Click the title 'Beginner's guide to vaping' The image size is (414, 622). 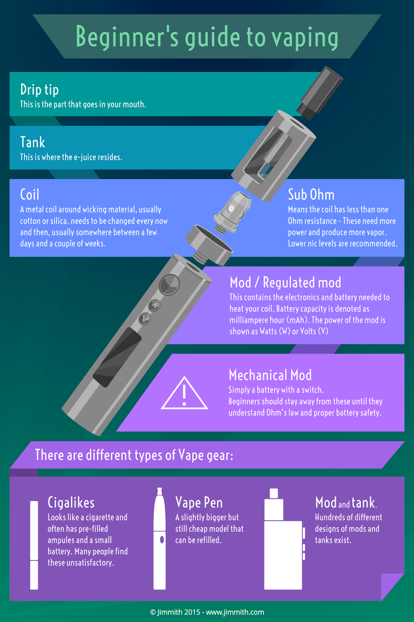point(207,37)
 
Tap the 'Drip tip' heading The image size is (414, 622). point(39,89)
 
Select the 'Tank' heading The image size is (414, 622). point(33,142)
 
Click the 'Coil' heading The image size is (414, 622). point(30,194)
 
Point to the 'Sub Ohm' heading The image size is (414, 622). point(311,194)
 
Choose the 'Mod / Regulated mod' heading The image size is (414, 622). point(285,282)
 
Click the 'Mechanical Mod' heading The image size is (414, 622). point(270,375)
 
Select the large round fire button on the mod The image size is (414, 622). point(169,285)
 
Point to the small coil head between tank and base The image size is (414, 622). point(231,212)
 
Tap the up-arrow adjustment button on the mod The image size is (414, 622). point(155,306)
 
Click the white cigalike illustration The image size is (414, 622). point(34,544)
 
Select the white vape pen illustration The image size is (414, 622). point(160,540)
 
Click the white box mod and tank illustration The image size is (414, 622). point(283,544)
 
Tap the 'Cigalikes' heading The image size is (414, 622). point(71,503)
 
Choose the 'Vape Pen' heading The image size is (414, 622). point(199,503)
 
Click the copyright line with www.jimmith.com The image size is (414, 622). point(207,612)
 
